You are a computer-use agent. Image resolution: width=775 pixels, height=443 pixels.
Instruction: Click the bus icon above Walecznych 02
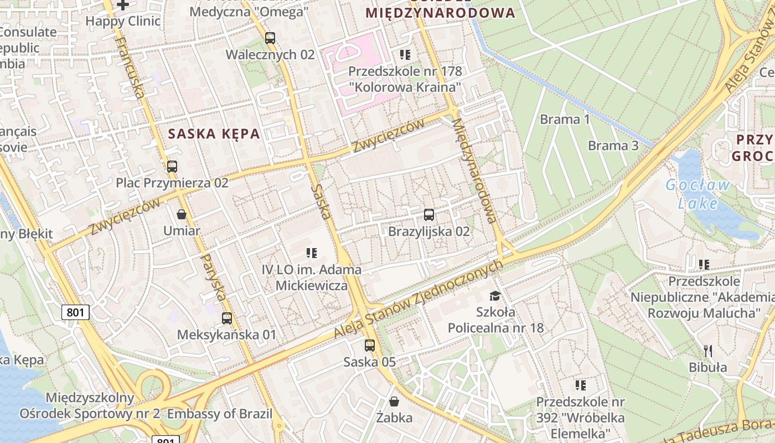270,38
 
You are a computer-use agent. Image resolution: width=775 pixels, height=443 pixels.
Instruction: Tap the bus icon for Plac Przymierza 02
172,166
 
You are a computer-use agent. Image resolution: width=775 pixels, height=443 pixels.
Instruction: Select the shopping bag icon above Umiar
181,214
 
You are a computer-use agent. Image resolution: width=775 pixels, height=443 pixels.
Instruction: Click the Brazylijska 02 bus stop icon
428,215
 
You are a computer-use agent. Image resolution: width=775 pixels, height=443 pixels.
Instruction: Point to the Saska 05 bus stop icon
369,346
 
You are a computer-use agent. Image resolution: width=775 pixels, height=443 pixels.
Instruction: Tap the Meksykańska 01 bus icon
226,318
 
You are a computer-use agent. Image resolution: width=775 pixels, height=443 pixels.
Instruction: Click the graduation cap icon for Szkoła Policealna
495,296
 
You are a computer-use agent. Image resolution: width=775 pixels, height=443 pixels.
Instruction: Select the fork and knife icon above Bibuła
707,351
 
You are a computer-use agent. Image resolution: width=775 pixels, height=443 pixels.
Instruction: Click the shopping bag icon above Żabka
394,401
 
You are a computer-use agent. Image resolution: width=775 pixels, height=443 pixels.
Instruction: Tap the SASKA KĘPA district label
214,133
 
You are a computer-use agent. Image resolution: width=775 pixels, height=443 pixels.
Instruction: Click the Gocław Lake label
697,194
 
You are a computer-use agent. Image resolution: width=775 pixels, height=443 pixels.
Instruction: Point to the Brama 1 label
565,119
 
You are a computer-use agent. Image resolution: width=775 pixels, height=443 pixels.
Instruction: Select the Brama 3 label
613,146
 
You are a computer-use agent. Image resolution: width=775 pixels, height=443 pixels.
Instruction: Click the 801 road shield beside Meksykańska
75,312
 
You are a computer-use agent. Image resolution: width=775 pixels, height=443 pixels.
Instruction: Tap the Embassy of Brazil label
220,414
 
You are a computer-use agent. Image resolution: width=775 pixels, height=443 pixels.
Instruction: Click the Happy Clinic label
123,22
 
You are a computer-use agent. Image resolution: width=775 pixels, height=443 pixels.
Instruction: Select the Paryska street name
213,277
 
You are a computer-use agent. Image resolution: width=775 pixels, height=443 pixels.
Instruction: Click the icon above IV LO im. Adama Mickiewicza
312,253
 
